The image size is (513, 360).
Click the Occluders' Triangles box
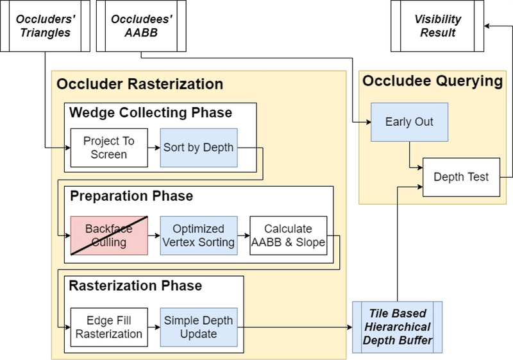pyautogui.click(x=45, y=26)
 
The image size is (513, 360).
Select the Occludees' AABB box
pyautogui.click(x=141, y=26)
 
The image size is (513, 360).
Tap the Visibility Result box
pyautogui.click(x=437, y=26)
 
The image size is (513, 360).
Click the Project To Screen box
pyautogui.click(x=109, y=148)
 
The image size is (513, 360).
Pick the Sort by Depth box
pyautogui.click(x=199, y=148)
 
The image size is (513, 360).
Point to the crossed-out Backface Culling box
pyautogui.click(x=109, y=236)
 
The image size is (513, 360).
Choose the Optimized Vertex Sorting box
pyautogui.click(x=199, y=236)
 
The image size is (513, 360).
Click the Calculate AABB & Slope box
pyautogui.click(x=288, y=236)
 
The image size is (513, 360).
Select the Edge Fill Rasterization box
pyautogui.click(x=109, y=327)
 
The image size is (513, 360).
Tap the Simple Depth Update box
pyautogui.click(x=199, y=327)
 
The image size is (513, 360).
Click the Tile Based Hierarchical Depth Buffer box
pyautogui.click(x=397, y=327)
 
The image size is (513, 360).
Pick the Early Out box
pyautogui.click(x=409, y=122)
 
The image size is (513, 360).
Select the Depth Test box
pyautogui.click(x=461, y=177)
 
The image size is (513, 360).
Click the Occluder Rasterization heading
pyautogui.click(x=140, y=84)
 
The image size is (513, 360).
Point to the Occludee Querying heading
pyautogui.click(x=432, y=81)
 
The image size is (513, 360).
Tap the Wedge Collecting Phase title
pyautogui.click(x=151, y=112)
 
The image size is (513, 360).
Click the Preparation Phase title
pyautogui.click(x=131, y=196)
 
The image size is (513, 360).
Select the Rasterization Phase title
pyautogui.click(x=135, y=286)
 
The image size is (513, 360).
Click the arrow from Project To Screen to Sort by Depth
pyautogui.click(x=154, y=148)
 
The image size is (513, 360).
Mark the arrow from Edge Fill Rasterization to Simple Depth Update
pyautogui.click(x=154, y=327)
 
